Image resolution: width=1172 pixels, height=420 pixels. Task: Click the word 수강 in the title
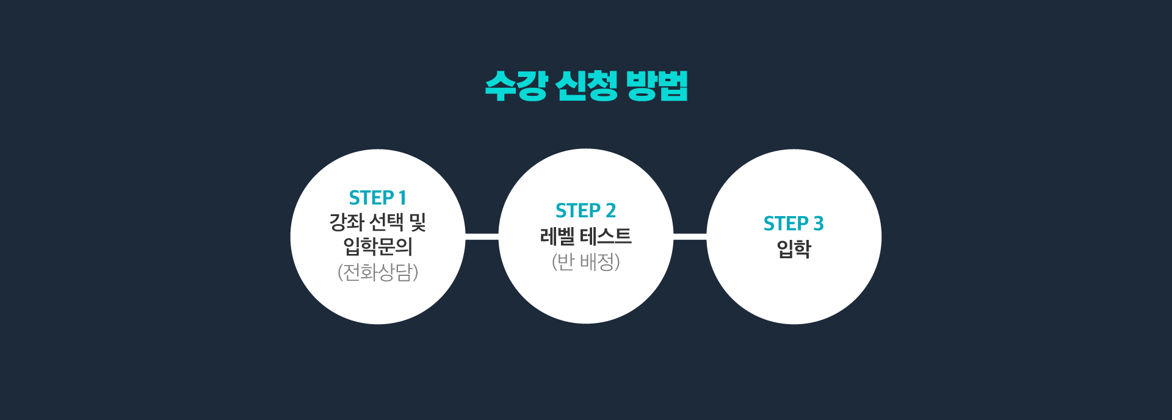[x=516, y=85]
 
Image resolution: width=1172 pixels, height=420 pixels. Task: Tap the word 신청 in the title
[x=587, y=85]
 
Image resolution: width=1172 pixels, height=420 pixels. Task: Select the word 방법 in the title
[x=657, y=85]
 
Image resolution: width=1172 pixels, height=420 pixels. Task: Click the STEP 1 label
[x=377, y=198]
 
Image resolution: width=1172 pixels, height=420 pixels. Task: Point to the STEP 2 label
[x=585, y=211]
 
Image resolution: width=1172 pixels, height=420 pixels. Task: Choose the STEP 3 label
[x=794, y=223]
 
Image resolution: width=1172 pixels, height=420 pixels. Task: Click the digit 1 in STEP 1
[x=402, y=198]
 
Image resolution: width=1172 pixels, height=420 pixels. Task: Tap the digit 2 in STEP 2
[x=610, y=211]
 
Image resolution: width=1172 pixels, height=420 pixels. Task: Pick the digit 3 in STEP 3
[x=819, y=223]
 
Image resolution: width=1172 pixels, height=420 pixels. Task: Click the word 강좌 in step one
[x=347, y=222]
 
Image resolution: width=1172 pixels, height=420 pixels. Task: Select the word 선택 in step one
[x=386, y=222]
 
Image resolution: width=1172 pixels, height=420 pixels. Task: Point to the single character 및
[x=418, y=222]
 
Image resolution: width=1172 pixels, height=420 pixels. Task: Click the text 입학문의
[x=378, y=247]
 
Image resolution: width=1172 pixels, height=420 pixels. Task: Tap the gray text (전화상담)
[x=378, y=272]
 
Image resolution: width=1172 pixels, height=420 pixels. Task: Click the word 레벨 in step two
[x=557, y=236]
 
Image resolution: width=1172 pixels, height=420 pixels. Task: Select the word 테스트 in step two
[x=606, y=236]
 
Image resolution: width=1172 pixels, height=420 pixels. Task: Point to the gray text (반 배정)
[x=586, y=262]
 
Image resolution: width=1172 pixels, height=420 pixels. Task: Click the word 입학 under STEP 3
[x=794, y=249]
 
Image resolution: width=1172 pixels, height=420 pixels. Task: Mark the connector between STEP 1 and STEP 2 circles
[x=482, y=236]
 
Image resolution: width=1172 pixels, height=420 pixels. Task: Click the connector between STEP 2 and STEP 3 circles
[x=690, y=236]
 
